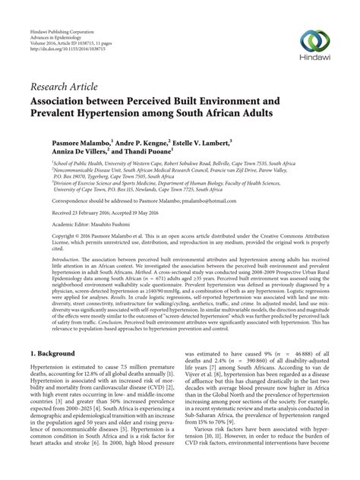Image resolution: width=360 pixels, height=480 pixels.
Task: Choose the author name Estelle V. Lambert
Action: point(232,163)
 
